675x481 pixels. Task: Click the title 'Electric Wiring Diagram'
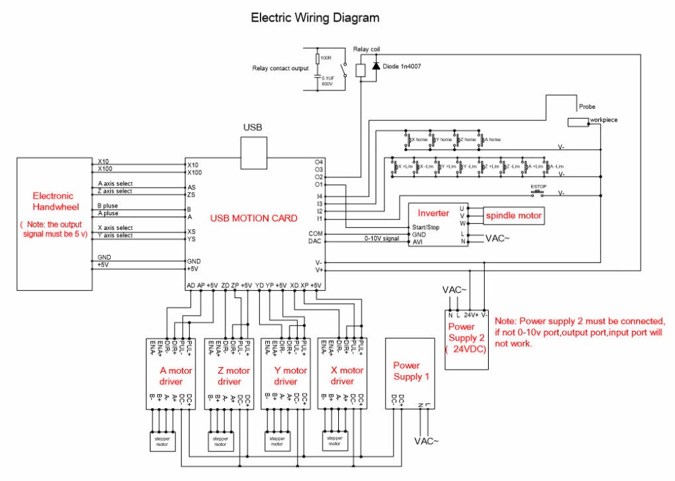[315, 18]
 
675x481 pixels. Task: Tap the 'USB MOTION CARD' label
[254, 218]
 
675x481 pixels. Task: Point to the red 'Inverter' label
[433, 213]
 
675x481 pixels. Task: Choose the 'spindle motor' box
[513, 215]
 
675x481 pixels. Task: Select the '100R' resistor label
[326, 59]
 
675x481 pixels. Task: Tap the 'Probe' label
[587, 107]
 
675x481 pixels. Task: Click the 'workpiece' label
[603, 120]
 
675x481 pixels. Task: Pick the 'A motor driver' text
[175, 376]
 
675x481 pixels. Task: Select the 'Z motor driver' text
[233, 376]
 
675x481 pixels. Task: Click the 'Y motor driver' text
[290, 376]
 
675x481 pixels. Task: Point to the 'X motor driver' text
[347, 376]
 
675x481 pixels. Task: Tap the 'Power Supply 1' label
[410, 370]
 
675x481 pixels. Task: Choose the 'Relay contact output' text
[280, 68]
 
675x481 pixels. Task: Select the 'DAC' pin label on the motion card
[315, 241]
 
